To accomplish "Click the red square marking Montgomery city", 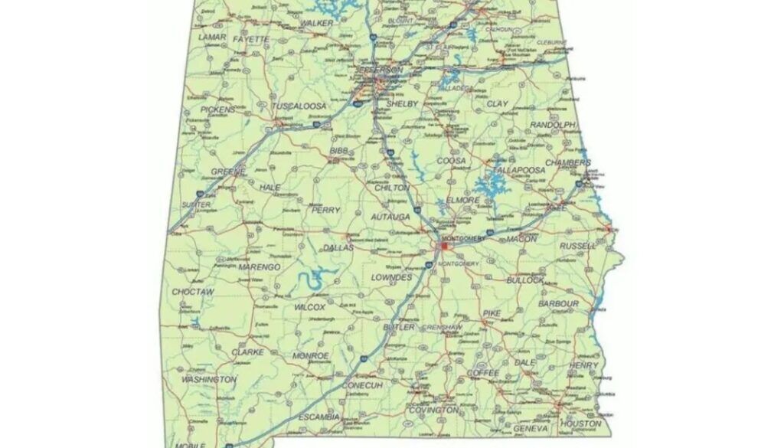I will [x=443, y=247].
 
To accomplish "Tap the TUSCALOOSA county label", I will [x=301, y=106].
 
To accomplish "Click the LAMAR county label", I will [x=212, y=37].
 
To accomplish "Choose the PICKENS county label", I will [x=218, y=110].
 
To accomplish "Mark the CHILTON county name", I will [x=392, y=188].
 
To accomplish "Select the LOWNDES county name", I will [x=392, y=276].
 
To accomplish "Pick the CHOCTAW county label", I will [x=192, y=292].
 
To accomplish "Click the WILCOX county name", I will [x=310, y=307].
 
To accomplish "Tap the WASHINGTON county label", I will [x=208, y=379].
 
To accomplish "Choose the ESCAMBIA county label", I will [x=318, y=417].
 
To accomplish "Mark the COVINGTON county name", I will [x=433, y=410].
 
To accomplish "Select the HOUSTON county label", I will [x=580, y=423].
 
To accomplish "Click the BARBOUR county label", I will [x=558, y=304].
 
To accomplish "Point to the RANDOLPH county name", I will [x=552, y=124].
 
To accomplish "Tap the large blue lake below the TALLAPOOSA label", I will [x=488, y=186].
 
